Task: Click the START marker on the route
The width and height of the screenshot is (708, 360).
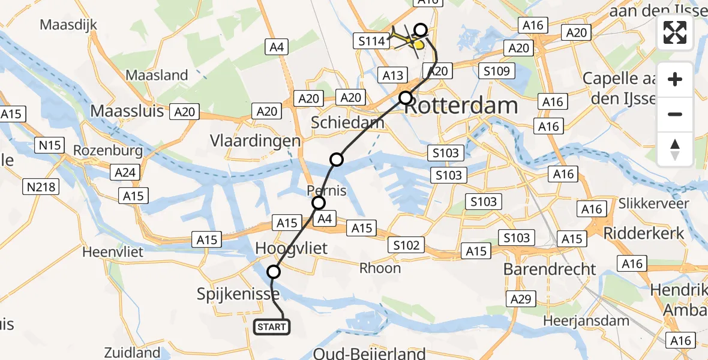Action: pyautogui.click(x=272, y=327)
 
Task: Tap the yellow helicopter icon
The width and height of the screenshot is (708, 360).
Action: pyautogui.click(x=415, y=43)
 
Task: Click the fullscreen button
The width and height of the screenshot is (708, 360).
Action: pyautogui.click(x=675, y=32)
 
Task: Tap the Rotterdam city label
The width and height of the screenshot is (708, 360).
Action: pyautogui.click(x=461, y=106)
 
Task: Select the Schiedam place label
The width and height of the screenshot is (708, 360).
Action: pyautogui.click(x=347, y=123)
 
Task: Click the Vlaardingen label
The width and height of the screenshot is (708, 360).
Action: pyautogui.click(x=255, y=141)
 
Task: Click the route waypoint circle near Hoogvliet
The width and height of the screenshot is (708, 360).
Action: pyautogui.click(x=274, y=272)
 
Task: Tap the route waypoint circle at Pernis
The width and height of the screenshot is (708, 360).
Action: pyautogui.click(x=319, y=203)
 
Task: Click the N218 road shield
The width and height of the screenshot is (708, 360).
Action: pyautogui.click(x=41, y=187)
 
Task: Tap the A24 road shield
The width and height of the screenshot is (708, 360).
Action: pyautogui.click(x=125, y=173)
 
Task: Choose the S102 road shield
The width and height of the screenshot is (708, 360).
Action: pyautogui.click(x=406, y=244)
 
